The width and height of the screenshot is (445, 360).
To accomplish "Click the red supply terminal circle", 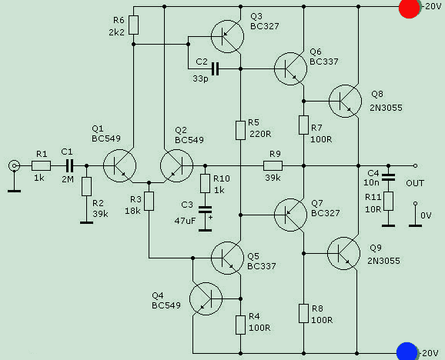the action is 409,8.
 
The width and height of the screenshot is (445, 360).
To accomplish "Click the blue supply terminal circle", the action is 407,352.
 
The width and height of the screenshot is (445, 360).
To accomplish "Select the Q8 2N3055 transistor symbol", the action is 345,101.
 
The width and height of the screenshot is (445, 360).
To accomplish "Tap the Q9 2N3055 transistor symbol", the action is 343,253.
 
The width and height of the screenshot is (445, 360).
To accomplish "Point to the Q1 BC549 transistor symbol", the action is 119,165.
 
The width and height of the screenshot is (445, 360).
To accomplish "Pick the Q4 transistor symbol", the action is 206,298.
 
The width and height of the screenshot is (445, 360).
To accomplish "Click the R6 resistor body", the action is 134,25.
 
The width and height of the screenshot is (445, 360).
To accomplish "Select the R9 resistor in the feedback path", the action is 273,165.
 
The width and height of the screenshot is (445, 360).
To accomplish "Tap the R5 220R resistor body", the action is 241,131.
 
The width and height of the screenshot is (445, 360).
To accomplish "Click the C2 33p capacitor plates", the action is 215,69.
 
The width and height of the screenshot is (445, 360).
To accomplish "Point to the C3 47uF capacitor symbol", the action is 206,210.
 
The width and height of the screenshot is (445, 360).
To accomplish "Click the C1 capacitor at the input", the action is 69,165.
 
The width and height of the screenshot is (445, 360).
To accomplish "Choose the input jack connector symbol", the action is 14,165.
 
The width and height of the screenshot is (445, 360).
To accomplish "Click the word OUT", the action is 415,183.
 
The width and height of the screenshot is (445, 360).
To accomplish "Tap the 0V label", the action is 426,215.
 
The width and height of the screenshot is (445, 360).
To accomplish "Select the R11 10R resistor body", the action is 388,202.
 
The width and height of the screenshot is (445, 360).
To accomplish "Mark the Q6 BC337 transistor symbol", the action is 290,69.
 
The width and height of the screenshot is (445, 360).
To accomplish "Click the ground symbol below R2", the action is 86,222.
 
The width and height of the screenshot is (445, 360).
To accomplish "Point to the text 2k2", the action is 117,32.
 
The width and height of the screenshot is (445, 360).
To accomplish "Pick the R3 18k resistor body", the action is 149,202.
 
